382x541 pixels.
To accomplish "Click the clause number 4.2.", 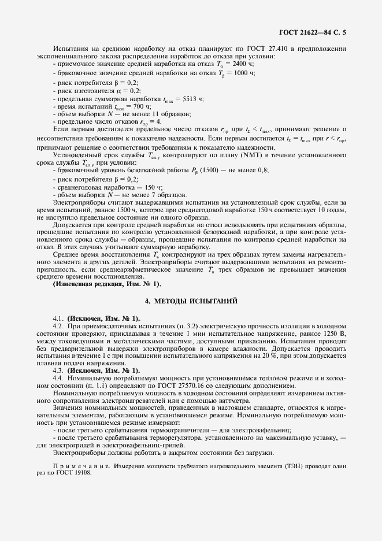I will tap(58, 325).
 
